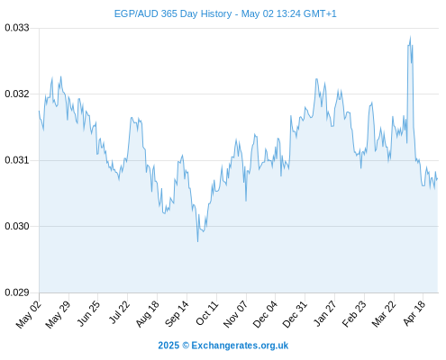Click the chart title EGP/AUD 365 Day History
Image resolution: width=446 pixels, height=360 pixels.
[x=173, y=13]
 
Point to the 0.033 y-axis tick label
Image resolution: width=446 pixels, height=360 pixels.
[x=17, y=28]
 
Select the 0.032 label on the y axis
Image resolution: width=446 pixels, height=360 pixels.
[x=17, y=94]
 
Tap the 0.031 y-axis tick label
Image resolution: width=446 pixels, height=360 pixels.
[x=17, y=160]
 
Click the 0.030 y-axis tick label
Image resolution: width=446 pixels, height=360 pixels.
[x=17, y=226]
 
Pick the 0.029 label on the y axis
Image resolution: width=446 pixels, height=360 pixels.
[x=17, y=292]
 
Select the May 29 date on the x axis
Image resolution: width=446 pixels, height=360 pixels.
[x=58, y=314]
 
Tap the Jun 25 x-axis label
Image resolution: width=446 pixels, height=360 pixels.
[x=87, y=313]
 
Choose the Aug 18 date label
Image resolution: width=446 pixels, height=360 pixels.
[x=147, y=314]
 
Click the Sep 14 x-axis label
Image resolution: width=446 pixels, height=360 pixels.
[x=177, y=314]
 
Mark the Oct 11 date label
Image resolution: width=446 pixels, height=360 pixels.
[x=206, y=313]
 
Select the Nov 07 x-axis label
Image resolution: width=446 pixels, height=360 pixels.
[x=235, y=314]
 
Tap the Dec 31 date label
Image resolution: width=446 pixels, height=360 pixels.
[x=295, y=314]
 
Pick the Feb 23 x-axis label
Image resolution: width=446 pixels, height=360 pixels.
[x=354, y=314]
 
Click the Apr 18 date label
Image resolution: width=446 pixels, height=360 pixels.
[x=414, y=313]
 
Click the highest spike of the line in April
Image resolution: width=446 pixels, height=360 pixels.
[x=410, y=37]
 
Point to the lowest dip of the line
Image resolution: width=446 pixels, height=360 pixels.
[x=197, y=241]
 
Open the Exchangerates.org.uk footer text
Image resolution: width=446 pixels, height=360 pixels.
[x=240, y=346]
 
